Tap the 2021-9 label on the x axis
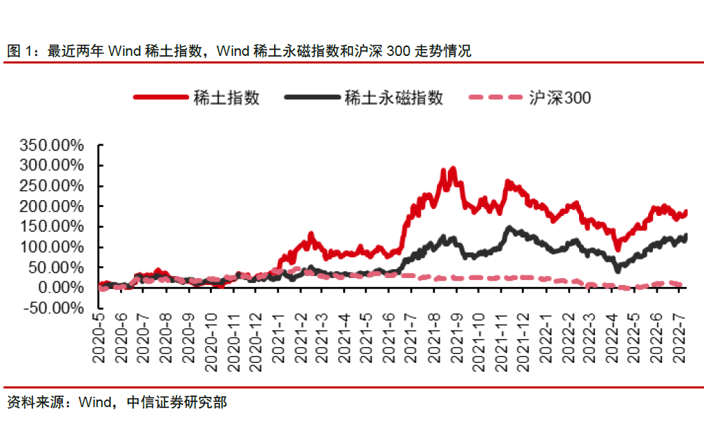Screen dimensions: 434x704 [456, 341]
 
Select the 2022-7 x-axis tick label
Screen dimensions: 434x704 [679, 341]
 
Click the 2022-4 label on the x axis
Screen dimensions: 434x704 [612, 341]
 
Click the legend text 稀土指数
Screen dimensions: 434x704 [226, 98]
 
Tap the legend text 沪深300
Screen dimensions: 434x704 [560, 98]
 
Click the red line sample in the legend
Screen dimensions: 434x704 [160, 98]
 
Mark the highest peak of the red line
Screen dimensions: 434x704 [453, 168]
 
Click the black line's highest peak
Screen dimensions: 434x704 [509, 227]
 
